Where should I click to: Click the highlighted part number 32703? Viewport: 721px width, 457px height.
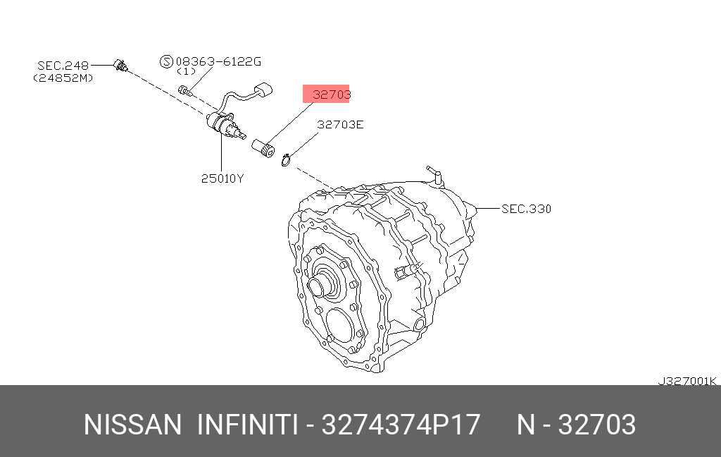point(326,94)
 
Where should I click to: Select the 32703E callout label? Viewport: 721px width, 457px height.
point(340,125)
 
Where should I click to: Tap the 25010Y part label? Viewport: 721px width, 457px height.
point(222,178)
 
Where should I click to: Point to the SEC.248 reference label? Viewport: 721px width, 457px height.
point(63,66)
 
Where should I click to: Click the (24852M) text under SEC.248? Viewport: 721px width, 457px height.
point(63,78)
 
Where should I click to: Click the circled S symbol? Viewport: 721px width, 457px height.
point(166,61)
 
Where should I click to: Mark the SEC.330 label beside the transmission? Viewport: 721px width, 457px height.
point(526,209)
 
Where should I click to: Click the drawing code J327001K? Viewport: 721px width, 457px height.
point(686,381)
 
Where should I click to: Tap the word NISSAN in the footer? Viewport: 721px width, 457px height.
point(132,425)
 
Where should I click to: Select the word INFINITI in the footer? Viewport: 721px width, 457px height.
point(246,425)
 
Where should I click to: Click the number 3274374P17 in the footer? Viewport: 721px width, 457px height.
point(401,425)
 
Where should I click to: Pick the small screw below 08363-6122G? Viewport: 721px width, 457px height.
point(185,90)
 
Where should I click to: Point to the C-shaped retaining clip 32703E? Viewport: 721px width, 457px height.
point(286,162)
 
